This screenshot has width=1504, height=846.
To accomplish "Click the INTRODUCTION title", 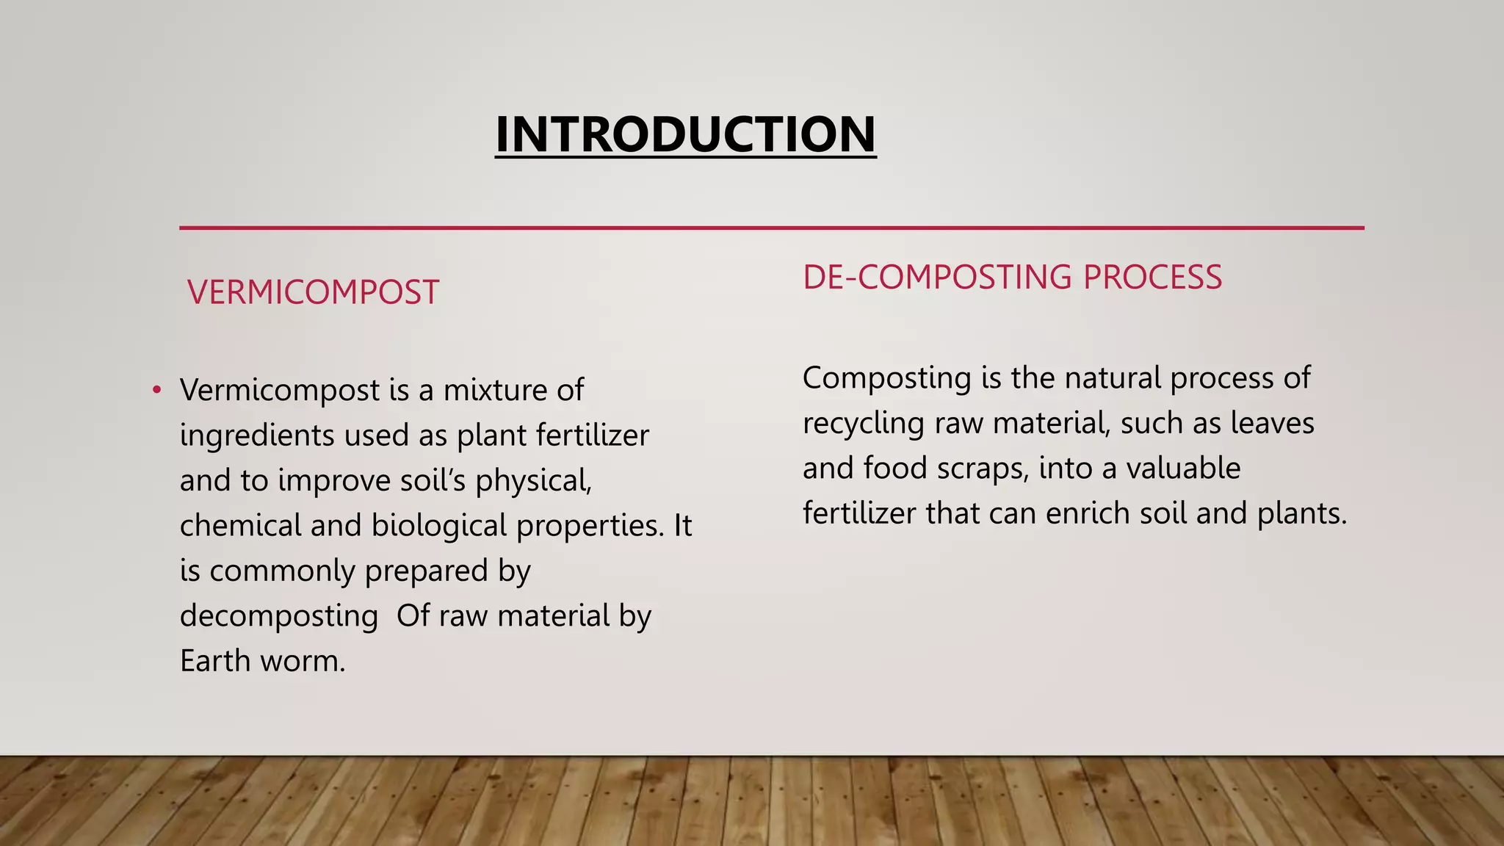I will [x=685, y=134].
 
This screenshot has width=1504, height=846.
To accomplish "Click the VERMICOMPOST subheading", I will [x=313, y=292].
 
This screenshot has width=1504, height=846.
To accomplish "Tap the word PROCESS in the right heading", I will [x=1152, y=278].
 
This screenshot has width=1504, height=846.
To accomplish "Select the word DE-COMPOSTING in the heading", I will [x=937, y=278].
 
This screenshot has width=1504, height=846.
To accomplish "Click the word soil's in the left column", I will [x=433, y=481].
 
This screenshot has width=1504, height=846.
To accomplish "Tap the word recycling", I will [x=864, y=424].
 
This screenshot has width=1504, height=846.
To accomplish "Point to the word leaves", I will [x=1272, y=423].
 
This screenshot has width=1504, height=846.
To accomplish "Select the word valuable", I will [x=1183, y=469].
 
